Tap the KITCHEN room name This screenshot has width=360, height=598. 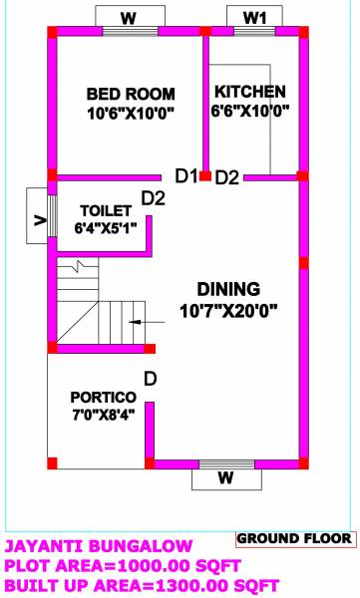coord(250,91)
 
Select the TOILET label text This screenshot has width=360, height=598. coord(105,210)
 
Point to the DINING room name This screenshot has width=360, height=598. coord(227,288)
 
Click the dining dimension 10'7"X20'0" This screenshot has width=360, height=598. coord(228,310)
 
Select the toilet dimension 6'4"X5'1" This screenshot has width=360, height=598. coord(104,228)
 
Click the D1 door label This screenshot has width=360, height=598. coord(185,176)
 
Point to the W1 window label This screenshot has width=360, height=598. coord(255,17)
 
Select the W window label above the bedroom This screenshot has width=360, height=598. coord(129,17)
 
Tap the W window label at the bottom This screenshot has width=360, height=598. coord(226,478)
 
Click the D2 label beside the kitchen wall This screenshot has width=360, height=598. coord(227,177)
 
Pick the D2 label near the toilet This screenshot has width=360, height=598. coord(153,197)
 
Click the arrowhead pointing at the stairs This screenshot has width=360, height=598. coord(133,322)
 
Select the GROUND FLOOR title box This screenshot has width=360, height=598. coord(295,538)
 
